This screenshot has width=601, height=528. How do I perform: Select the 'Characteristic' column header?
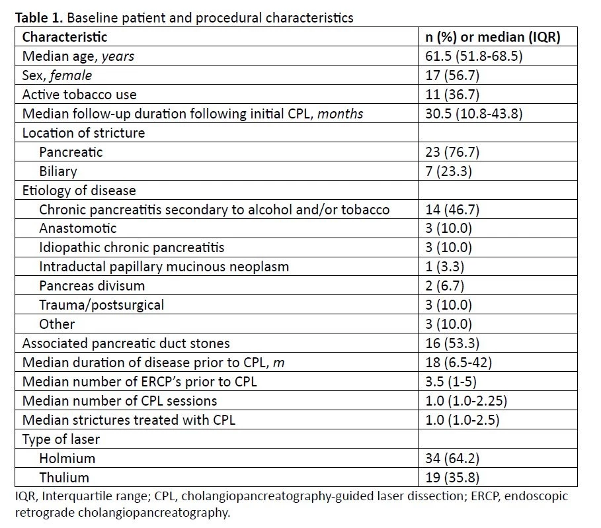(x=64, y=37)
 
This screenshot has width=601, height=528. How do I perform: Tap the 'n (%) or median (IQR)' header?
(x=493, y=37)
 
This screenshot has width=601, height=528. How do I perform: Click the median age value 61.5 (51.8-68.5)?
(x=474, y=56)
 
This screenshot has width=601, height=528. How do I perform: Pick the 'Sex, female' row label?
(x=57, y=75)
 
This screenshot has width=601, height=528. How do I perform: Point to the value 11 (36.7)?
(x=452, y=95)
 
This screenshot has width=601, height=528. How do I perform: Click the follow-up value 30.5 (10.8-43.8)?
(x=474, y=114)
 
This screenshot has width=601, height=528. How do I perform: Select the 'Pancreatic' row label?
(x=71, y=152)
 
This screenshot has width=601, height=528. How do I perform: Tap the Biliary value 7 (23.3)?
(x=448, y=171)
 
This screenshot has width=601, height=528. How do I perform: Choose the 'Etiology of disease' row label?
(x=79, y=190)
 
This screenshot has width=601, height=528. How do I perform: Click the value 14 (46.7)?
(x=452, y=209)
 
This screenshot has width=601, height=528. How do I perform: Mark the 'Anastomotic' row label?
(x=78, y=228)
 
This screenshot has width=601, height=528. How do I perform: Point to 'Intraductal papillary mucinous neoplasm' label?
(x=164, y=267)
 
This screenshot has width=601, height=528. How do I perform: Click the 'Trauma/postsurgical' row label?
(x=102, y=305)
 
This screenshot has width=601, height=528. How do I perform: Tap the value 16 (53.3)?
(x=452, y=343)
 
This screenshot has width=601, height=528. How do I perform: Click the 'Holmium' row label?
(x=67, y=459)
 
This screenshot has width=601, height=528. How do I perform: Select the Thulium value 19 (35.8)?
(x=452, y=478)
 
